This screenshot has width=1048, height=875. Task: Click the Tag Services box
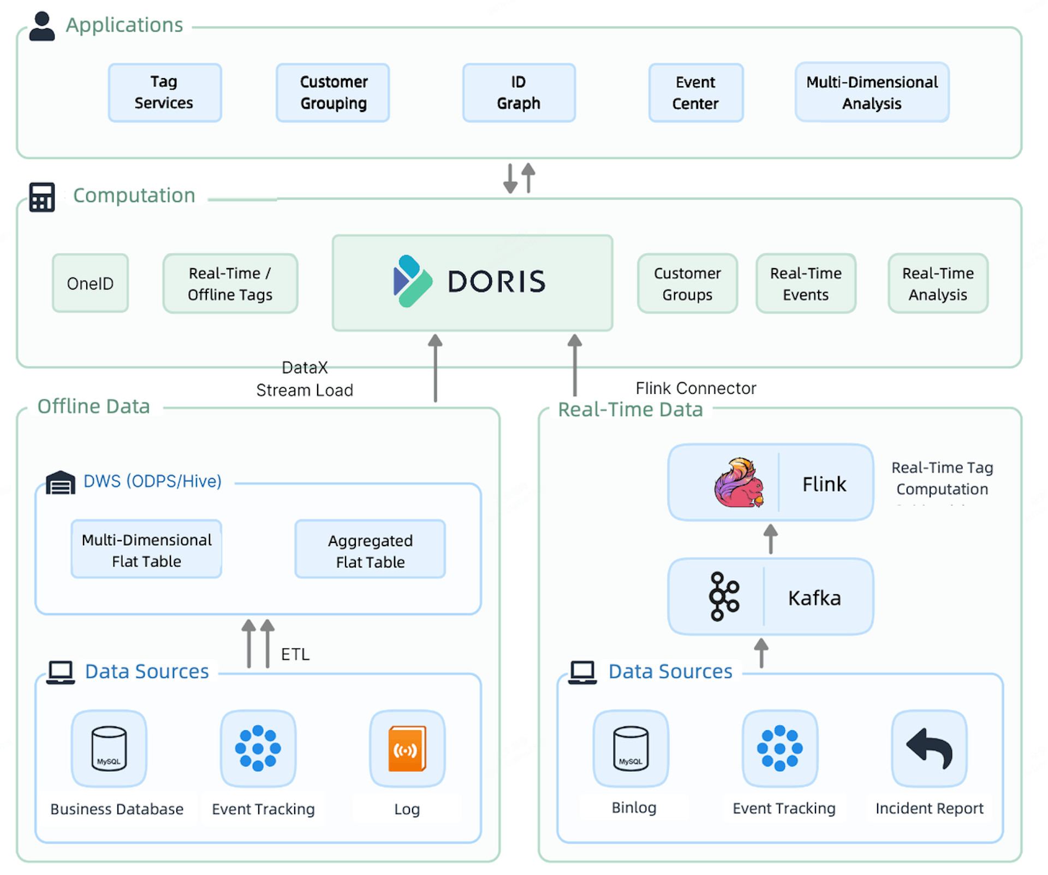164,92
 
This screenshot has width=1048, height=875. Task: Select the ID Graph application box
519,92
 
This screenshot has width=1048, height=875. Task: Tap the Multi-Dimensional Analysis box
872,92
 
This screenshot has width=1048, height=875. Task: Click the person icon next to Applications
42,26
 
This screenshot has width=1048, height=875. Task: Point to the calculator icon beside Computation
42,197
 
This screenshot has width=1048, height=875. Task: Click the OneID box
90,283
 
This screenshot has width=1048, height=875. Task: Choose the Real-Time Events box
806,283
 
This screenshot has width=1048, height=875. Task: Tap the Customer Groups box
687,283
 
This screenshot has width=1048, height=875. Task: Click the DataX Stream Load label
305,379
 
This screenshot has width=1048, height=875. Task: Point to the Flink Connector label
695,388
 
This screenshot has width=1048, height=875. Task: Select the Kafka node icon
724,596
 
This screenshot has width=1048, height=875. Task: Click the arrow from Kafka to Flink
770,539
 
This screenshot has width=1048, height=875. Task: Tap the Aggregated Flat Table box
370,550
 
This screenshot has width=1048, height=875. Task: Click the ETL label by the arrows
295,654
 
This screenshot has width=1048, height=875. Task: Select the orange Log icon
407,748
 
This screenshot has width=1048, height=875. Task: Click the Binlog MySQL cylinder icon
631,748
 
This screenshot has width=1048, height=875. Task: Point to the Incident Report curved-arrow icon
929,748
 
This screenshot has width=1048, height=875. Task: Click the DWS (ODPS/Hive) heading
152,481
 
